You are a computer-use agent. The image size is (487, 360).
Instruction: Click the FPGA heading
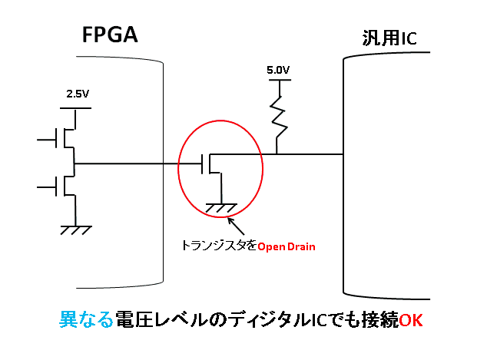[109, 35]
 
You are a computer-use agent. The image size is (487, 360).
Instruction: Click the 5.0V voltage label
[278, 70]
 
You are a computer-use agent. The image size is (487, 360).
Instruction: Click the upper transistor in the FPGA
[67, 140]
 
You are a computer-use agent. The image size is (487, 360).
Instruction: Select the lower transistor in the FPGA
[67, 184]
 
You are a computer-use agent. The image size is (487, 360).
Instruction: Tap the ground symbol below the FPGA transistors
[75, 228]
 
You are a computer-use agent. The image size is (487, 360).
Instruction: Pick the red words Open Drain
[287, 246]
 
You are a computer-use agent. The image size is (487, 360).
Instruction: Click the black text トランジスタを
[218, 246]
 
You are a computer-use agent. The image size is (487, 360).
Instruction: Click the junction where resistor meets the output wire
[277, 154]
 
